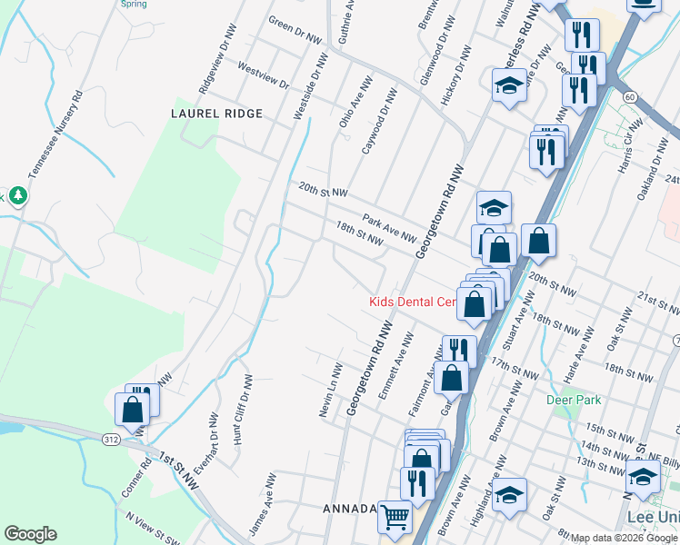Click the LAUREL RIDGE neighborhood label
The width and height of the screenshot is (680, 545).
pos(216,114)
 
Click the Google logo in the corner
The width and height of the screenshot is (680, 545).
pos(30,534)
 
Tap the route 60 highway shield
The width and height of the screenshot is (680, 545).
pos(629,96)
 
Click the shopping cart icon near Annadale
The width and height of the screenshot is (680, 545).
pos(394,518)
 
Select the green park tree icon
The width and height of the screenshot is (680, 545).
pos(17,196)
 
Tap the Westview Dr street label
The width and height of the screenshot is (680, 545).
pos(262,75)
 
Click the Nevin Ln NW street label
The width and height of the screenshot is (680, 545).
pos(330,391)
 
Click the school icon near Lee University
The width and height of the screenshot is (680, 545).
pos(643,475)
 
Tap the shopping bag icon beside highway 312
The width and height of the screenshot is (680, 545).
pos(133,411)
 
